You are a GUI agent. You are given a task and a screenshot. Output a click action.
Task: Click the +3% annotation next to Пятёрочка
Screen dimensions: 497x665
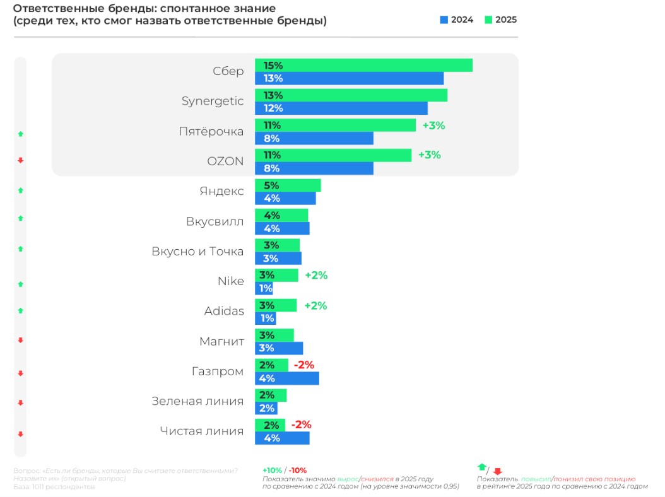(433, 126)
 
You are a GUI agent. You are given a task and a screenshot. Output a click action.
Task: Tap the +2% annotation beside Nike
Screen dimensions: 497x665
(316, 276)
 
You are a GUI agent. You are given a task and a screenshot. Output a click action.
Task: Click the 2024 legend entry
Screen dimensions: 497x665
(457, 20)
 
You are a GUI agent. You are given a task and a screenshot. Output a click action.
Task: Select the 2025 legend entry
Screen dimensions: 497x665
(500, 20)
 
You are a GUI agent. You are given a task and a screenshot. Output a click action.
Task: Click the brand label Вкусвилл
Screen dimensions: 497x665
(215, 222)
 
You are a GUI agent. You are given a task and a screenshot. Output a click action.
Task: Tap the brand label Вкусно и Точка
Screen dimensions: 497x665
(197, 252)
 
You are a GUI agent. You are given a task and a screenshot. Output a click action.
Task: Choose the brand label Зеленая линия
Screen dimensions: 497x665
(197, 401)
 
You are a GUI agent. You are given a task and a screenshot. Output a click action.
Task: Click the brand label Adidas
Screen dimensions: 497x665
(224, 312)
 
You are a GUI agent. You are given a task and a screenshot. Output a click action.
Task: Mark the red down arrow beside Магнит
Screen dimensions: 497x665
(20, 341)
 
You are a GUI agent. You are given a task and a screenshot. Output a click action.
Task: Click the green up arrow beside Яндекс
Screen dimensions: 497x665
(20, 190)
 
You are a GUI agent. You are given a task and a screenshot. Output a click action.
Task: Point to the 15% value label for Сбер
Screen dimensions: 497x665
(274, 66)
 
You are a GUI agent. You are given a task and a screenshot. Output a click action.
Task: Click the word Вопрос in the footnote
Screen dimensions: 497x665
(26, 471)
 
